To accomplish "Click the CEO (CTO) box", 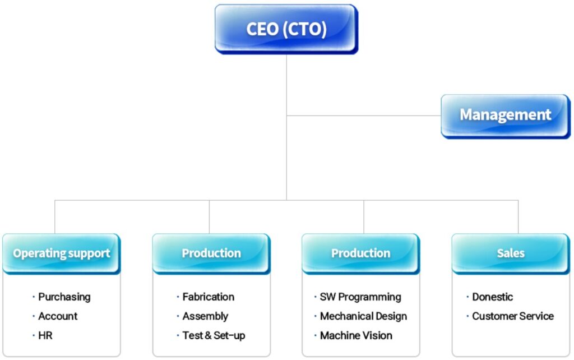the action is (x=286, y=29).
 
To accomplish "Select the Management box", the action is (x=505, y=116).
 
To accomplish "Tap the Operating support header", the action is (x=62, y=253).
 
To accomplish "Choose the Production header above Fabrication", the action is (x=211, y=253).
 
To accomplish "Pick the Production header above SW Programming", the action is (x=360, y=253).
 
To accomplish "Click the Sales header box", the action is (x=511, y=253).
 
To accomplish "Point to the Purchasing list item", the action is (x=64, y=297).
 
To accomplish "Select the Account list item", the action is (x=58, y=316).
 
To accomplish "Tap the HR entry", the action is (x=45, y=335).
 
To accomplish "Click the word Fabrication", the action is (x=209, y=297).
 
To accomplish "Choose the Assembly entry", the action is (x=205, y=316).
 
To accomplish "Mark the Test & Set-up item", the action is (x=214, y=335).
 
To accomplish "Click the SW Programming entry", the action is (x=360, y=297).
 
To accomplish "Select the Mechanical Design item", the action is (x=363, y=316).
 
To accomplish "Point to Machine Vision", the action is (x=356, y=335).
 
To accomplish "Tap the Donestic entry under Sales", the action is (x=492, y=297).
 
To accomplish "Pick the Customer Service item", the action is (x=513, y=316).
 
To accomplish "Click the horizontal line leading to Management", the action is (x=364, y=116).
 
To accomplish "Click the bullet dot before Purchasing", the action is (x=34, y=297).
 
